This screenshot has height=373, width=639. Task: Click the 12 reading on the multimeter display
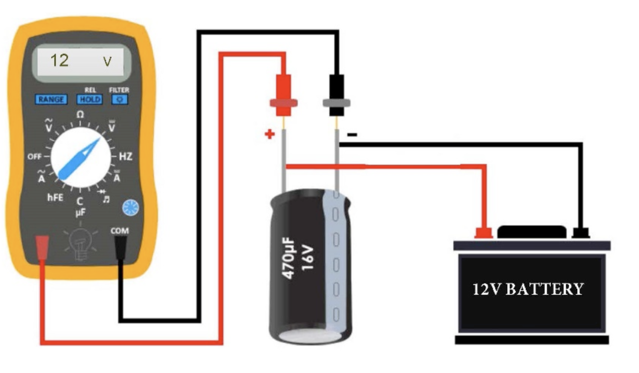tap(60, 60)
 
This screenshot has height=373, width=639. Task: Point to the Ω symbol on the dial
tap(80, 115)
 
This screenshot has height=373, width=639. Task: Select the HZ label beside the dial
tap(126, 157)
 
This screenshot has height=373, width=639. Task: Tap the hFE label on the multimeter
tap(55, 198)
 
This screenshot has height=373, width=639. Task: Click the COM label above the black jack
tap(120, 231)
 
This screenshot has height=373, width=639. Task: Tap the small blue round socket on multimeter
tap(131, 207)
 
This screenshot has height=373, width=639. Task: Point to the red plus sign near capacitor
tap(270, 135)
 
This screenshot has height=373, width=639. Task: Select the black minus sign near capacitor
tap(352, 135)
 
